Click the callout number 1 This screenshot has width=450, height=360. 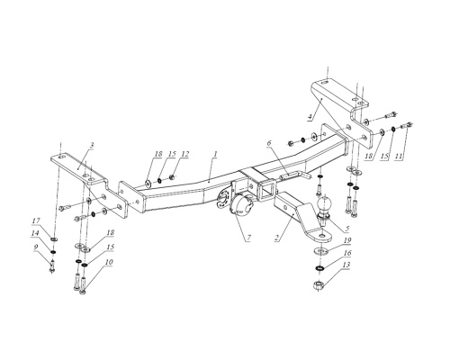(215, 154)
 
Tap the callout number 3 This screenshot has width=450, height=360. (92, 145)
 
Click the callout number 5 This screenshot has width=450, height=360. (346, 229)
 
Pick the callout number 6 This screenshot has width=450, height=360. (269, 143)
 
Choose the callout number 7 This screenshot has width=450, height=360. (249, 238)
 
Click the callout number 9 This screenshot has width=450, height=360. (36, 247)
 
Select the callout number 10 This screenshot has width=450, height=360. (109, 262)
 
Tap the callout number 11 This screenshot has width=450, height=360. (399, 156)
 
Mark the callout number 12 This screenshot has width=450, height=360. (185, 154)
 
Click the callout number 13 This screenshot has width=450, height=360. (346, 265)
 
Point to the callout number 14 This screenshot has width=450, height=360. (35, 233)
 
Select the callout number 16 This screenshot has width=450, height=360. (346, 253)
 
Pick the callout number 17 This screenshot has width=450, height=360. (36, 220)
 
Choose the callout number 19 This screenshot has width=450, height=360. (347, 240)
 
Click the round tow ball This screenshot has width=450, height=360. (325, 204)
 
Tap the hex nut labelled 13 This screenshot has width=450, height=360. (319, 284)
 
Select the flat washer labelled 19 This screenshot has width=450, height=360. (320, 250)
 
